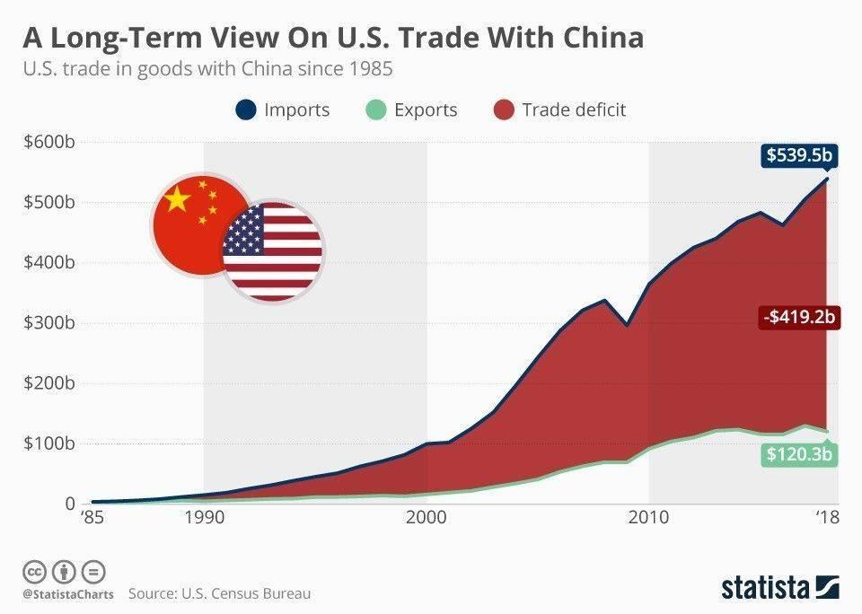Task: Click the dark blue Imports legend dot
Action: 245,110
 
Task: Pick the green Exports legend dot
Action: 375,110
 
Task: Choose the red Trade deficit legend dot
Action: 504,110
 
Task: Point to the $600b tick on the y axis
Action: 48,142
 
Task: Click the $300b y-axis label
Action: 48,323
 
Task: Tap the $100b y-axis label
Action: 48,443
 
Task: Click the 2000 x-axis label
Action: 426,517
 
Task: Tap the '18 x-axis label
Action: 826,517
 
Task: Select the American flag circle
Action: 272,250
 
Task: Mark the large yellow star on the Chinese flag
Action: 179,200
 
